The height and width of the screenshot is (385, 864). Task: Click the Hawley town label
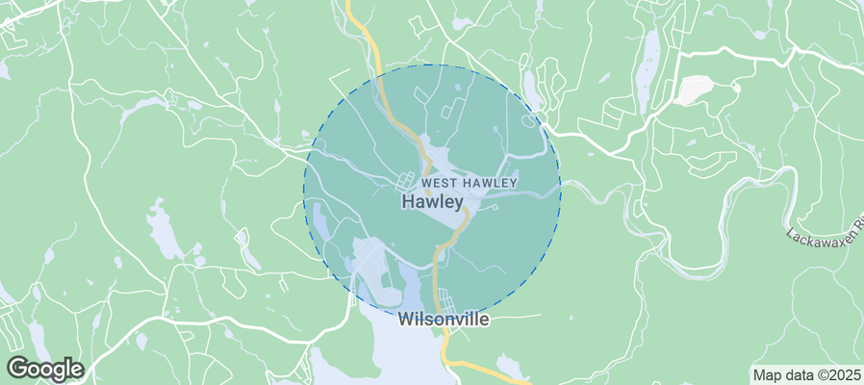[432, 202]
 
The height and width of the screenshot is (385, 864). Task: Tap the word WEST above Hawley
[444, 182]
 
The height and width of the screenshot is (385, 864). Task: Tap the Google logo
[44, 368]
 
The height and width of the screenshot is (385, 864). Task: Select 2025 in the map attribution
[844, 374]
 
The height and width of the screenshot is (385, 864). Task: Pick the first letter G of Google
[17, 368]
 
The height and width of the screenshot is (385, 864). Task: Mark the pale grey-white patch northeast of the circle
[696, 90]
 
